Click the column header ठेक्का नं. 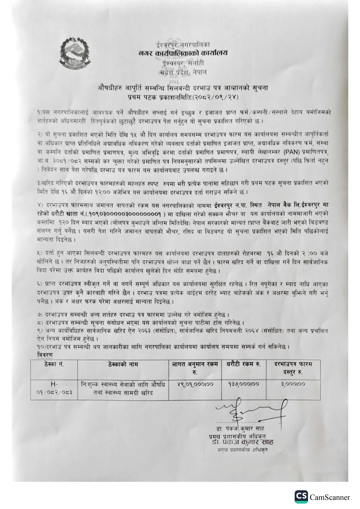point(54,365)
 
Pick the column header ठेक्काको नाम point(122,365)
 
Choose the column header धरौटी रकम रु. point(243,364)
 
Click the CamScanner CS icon point(302,497)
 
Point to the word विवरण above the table point(42,354)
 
